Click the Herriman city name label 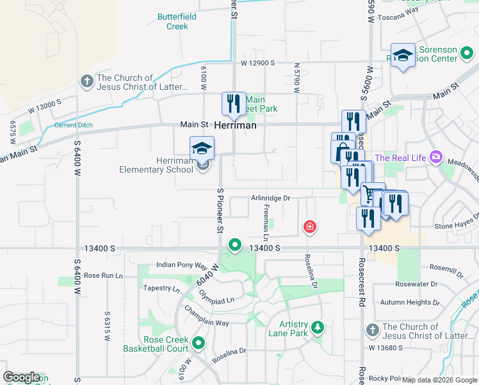click(235, 126)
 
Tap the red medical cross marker click(309, 227)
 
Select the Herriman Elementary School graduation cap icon click(202, 148)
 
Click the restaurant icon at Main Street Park click(233, 103)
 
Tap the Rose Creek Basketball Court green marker click(199, 343)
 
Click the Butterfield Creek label click(173, 22)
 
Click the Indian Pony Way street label click(182, 265)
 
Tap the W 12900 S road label click(258, 63)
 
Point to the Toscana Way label click(398, 18)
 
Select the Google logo click(21, 377)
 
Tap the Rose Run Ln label click(102, 275)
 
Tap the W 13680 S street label click(385, 348)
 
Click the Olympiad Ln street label click(216, 300)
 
